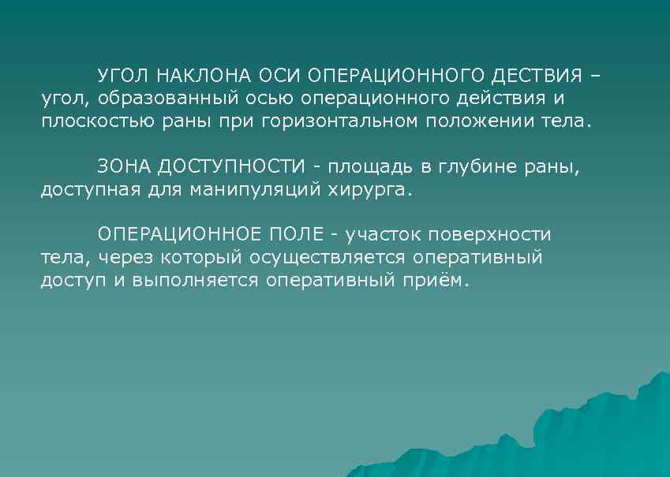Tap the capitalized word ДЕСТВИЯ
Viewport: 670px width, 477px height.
(x=539, y=76)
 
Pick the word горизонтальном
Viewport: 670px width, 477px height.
(x=341, y=123)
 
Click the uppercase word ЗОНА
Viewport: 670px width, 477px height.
(x=124, y=167)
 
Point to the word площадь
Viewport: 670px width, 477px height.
(x=369, y=167)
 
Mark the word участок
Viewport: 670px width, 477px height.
(x=383, y=235)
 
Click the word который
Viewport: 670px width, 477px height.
(x=204, y=258)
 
